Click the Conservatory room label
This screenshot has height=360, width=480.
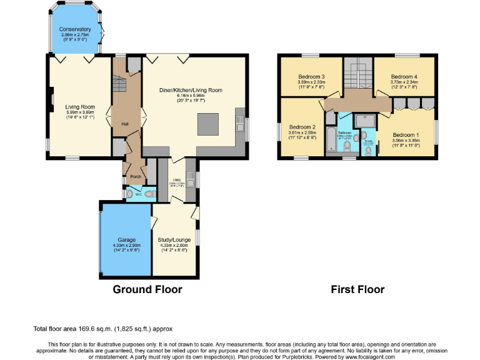[x=75, y=29]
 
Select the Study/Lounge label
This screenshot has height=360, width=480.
[x=174, y=239]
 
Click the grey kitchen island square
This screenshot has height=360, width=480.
[x=209, y=124]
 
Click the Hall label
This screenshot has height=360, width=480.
[x=125, y=124]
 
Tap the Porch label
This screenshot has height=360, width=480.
[x=135, y=177]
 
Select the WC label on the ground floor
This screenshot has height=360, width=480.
[x=138, y=194]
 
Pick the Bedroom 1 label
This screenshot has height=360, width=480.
[x=406, y=134]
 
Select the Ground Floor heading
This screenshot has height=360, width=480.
[x=147, y=289]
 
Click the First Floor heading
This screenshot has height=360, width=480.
[x=357, y=289]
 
